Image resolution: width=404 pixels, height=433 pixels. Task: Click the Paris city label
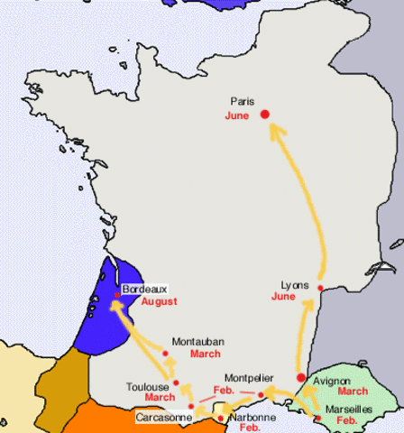pos(243,102)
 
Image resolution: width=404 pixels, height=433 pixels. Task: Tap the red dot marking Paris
pos(265,115)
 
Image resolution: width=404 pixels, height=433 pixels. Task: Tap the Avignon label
pos(332,382)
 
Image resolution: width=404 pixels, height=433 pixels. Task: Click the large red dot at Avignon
pos(300,377)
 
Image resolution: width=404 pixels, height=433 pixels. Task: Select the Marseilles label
pos(351,408)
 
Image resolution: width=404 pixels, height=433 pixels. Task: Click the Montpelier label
pos(249,380)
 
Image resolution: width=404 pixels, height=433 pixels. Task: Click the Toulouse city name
pos(145,385)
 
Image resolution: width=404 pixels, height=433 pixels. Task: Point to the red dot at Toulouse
pos(177,383)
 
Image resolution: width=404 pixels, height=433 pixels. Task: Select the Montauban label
pos(197,341)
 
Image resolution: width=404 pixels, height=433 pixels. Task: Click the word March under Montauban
pos(205,354)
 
